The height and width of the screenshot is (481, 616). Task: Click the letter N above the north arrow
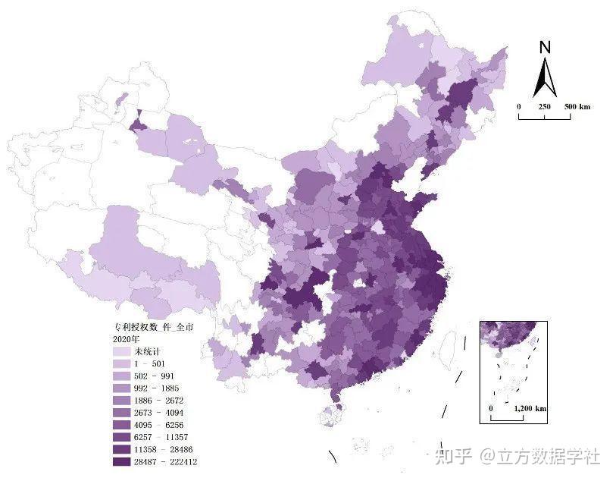(x=544, y=47)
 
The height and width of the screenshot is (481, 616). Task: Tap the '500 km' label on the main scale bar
(x=577, y=107)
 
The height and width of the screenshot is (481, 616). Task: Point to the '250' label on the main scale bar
(x=544, y=107)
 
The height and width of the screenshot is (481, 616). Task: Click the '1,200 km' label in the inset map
(x=530, y=409)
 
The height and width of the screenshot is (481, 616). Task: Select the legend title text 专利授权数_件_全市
(x=149, y=327)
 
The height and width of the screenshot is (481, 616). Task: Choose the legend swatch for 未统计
(x=120, y=352)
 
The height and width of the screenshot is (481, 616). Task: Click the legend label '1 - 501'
(x=149, y=364)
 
